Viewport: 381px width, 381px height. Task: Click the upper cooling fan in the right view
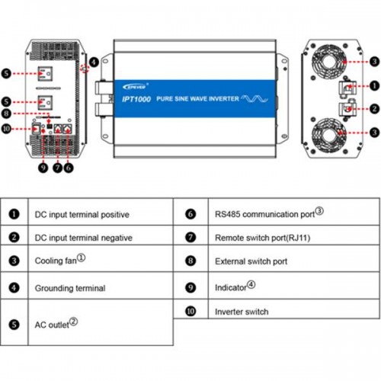(327, 61)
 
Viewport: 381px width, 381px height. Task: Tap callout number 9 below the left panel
(43, 167)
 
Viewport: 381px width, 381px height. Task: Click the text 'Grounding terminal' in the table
(70, 288)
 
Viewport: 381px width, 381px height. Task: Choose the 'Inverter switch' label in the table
(242, 312)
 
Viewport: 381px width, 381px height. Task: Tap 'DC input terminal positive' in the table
(82, 214)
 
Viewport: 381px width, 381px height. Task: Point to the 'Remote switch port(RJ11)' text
(262, 238)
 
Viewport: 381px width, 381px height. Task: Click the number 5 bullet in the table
(14, 324)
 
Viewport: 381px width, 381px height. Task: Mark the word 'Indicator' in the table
(232, 288)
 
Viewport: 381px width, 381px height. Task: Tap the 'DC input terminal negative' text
(84, 238)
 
